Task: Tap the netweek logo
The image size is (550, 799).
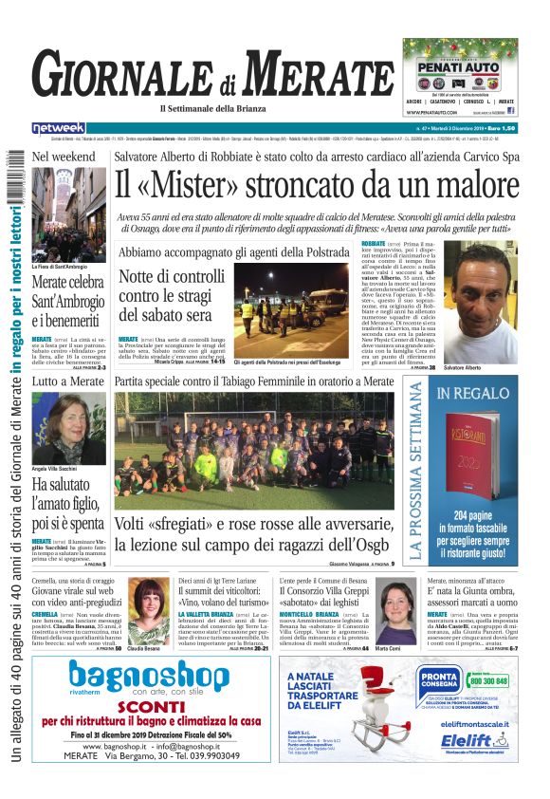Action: [x=59, y=127]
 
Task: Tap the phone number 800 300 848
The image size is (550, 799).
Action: [x=487, y=680]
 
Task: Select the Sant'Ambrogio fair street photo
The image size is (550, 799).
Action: [x=67, y=208]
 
